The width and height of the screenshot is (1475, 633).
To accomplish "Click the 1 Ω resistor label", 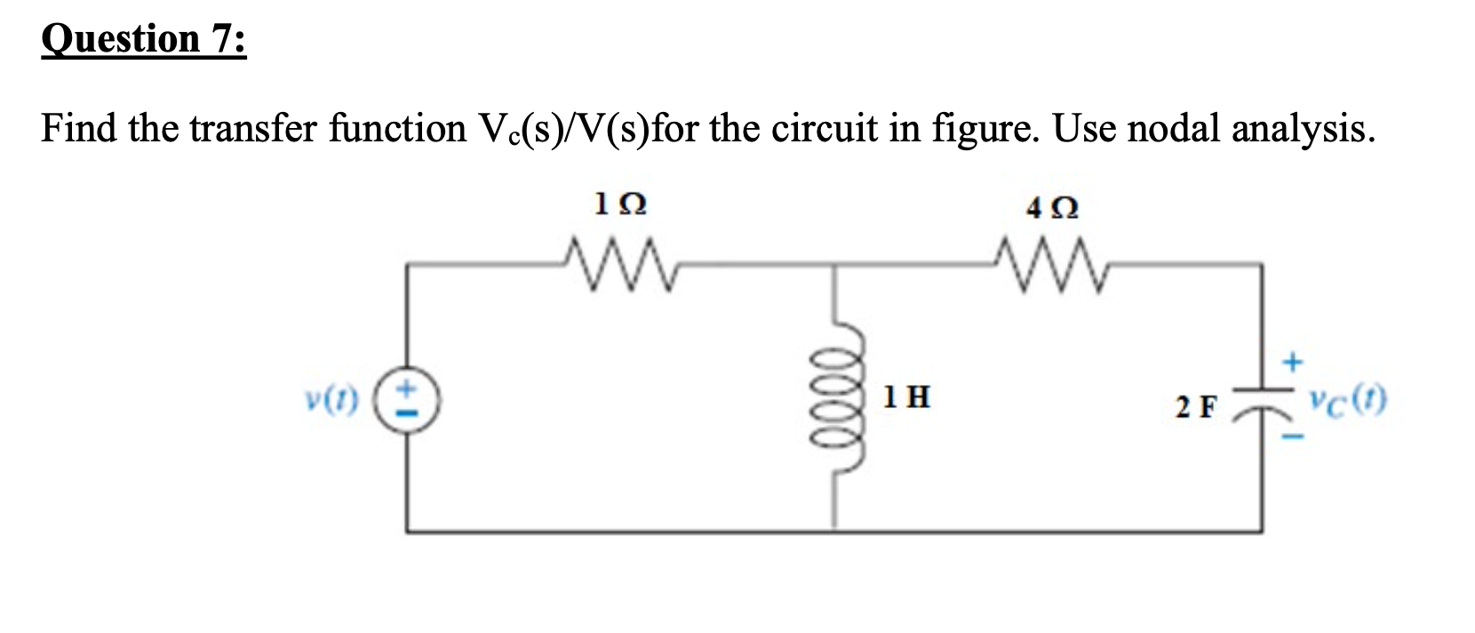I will [x=620, y=205].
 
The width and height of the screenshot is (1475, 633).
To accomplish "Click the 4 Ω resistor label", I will [x=1052, y=208].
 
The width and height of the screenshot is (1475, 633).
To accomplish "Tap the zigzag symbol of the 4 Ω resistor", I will [x=1052, y=260].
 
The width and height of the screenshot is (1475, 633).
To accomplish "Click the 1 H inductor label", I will [x=906, y=397].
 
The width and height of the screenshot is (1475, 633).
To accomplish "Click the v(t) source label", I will [x=331, y=401].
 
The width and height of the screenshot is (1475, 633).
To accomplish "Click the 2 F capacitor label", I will [x=1196, y=407].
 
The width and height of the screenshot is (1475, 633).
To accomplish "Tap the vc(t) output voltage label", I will [x=1346, y=401].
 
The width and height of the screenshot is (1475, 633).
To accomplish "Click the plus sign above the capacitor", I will [x=1293, y=362].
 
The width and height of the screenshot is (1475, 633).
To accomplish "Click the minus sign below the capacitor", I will [x=1294, y=437].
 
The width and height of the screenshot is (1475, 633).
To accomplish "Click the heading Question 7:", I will [x=144, y=39].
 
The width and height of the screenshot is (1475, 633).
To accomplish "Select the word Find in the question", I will [x=79, y=129].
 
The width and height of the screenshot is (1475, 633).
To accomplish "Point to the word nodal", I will [x=1174, y=129].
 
